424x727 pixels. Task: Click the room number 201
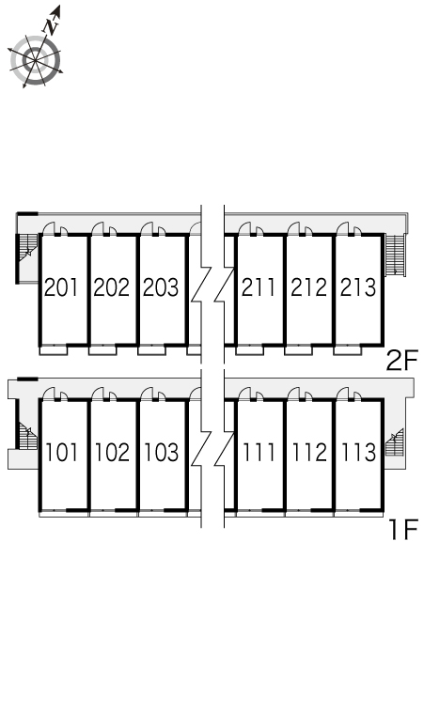coord(61,287)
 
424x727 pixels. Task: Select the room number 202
coord(111,287)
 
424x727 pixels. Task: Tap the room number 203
coord(161,287)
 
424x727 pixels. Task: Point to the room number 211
coord(259,287)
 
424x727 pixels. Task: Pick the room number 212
coord(309,287)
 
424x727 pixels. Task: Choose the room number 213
coord(358,287)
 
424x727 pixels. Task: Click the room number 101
coord(62,452)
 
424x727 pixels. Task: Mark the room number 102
coord(112,452)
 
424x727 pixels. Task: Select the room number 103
coord(162,452)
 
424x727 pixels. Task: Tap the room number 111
coord(259,452)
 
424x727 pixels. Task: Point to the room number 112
coord(309,452)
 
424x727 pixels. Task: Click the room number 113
coord(358,452)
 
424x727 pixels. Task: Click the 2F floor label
coord(402,361)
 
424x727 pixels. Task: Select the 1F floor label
coord(404,530)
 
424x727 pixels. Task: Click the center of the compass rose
coord(36,60)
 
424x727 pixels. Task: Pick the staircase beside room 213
coord(396,255)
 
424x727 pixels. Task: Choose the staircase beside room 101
coord(27,436)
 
